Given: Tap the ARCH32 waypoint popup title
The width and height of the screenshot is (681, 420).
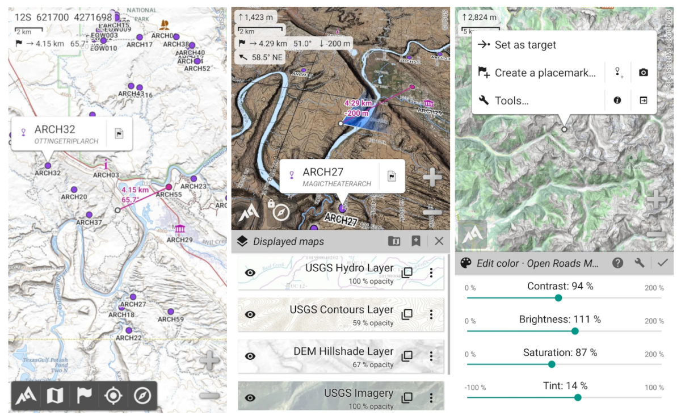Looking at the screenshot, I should tap(54, 129).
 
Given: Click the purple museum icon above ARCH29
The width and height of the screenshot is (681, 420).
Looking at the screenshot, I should tap(180, 229).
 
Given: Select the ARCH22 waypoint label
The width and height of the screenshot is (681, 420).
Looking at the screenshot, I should tap(129, 338).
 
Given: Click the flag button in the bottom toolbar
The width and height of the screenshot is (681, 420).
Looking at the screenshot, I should tap(84, 396).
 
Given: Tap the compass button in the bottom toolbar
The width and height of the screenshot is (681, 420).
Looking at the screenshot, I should tap(142, 396).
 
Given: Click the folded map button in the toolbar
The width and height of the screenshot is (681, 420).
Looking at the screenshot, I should tap(54, 396).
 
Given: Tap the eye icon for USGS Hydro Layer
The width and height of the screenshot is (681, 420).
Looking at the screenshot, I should tap(250, 272).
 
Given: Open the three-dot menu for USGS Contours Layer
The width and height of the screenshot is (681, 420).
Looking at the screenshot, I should tap(431, 314).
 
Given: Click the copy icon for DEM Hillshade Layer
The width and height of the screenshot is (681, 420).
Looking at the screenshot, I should tap(407, 356).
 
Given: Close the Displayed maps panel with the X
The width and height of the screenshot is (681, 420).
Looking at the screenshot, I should tap(439, 241).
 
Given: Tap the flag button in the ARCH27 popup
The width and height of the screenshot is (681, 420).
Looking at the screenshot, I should tap(392, 176).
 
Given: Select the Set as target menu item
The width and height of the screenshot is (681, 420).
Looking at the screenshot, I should tap(526, 45).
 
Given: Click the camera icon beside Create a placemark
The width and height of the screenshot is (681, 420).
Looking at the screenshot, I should tap(643, 73).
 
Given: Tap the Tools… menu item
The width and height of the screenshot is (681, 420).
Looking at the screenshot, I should tap(511, 100).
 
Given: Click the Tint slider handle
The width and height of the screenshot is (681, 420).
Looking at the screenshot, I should tap(578, 397).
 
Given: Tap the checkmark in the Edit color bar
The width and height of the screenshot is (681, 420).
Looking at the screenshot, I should tap(662, 263).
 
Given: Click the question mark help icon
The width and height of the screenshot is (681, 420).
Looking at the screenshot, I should tap(617, 263).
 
